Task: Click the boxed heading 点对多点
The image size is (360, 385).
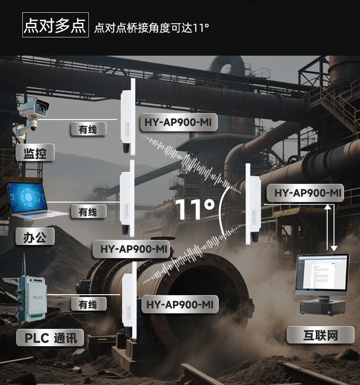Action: pyautogui.click(x=55, y=26)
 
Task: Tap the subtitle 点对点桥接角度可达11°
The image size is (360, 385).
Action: pyautogui.click(x=151, y=28)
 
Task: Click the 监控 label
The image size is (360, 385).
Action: pyautogui.click(x=35, y=153)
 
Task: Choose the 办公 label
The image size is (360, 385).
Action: pyautogui.click(x=35, y=237)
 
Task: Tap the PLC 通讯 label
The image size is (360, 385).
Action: pyautogui.click(x=50, y=338)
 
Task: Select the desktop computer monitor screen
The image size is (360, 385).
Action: pyautogui.click(x=322, y=275)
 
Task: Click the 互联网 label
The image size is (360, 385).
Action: pyautogui.click(x=320, y=335)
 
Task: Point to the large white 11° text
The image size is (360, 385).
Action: pyautogui.click(x=195, y=209)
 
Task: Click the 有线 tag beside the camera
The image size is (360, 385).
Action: pyautogui.click(x=88, y=130)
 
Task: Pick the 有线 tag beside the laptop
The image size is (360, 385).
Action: pyautogui.click(x=88, y=212)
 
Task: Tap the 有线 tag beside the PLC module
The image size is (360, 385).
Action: pyautogui.click(x=88, y=304)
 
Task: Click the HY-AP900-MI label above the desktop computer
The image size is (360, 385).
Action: pyautogui.click(x=308, y=193)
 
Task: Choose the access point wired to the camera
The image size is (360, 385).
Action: pyautogui.click(x=126, y=116)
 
